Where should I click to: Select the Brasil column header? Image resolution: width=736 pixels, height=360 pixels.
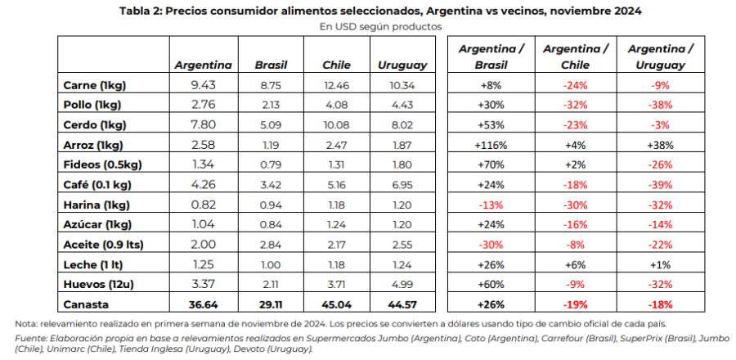(272, 65)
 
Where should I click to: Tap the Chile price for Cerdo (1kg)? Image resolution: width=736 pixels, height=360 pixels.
(336, 125)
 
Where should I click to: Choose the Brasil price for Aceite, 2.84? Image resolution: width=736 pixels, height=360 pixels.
(272, 244)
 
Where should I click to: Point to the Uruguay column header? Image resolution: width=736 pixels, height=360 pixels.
(402, 65)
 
